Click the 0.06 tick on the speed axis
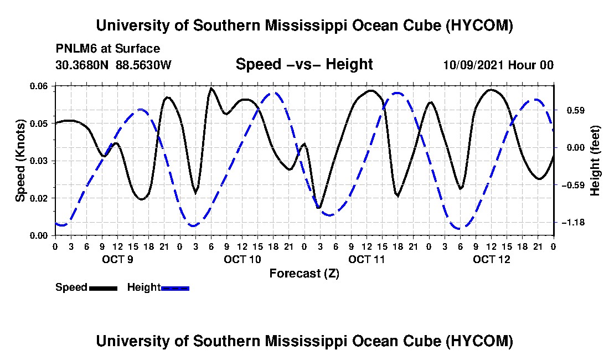[39, 86]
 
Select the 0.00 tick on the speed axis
[39, 236]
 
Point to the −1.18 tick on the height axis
[573, 223]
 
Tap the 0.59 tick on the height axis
[576, 110]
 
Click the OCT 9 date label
[118, 259]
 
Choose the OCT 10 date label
[242, 259]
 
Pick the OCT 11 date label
[367, 259]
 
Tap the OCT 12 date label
[491, 259]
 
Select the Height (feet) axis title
[595, 161]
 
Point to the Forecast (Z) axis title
[304, 274]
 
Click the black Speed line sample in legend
[104, 288]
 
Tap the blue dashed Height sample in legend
[175, 288]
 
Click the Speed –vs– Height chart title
[304, 64]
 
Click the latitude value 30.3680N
[82, 65]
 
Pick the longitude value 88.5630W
[143, 65]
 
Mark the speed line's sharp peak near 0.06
[211, 88]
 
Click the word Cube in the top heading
[421, 25]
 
